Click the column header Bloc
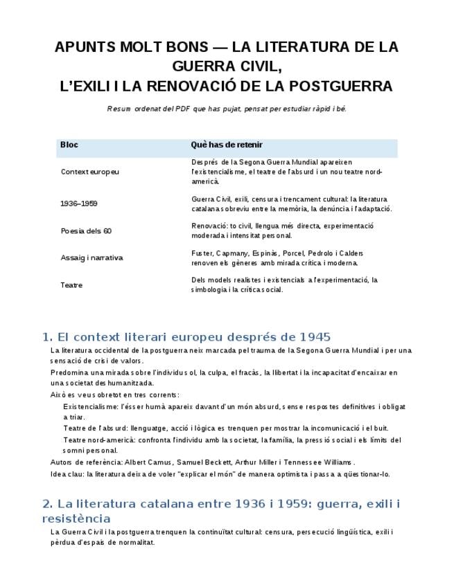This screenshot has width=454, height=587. pyautogui.click(x=69, y=145)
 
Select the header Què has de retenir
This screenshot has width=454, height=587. pyautogui.click(x=227, y=145)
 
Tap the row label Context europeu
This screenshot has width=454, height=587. pyautogui.click(x=89, y=172)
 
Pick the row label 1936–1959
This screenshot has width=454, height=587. pyautogui.click(x=79, y=204)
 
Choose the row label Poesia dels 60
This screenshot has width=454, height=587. pyautogui.click(x=86, y=231)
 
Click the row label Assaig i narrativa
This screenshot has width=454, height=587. pyautogui.click(x=91, y=258)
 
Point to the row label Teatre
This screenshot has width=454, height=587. pyautogui.click(x=71, y=285)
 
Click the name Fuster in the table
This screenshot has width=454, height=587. pyautogui.click(x=202, y=253)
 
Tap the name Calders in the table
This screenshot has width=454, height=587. pyautogui.click(x=349, y=253)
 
